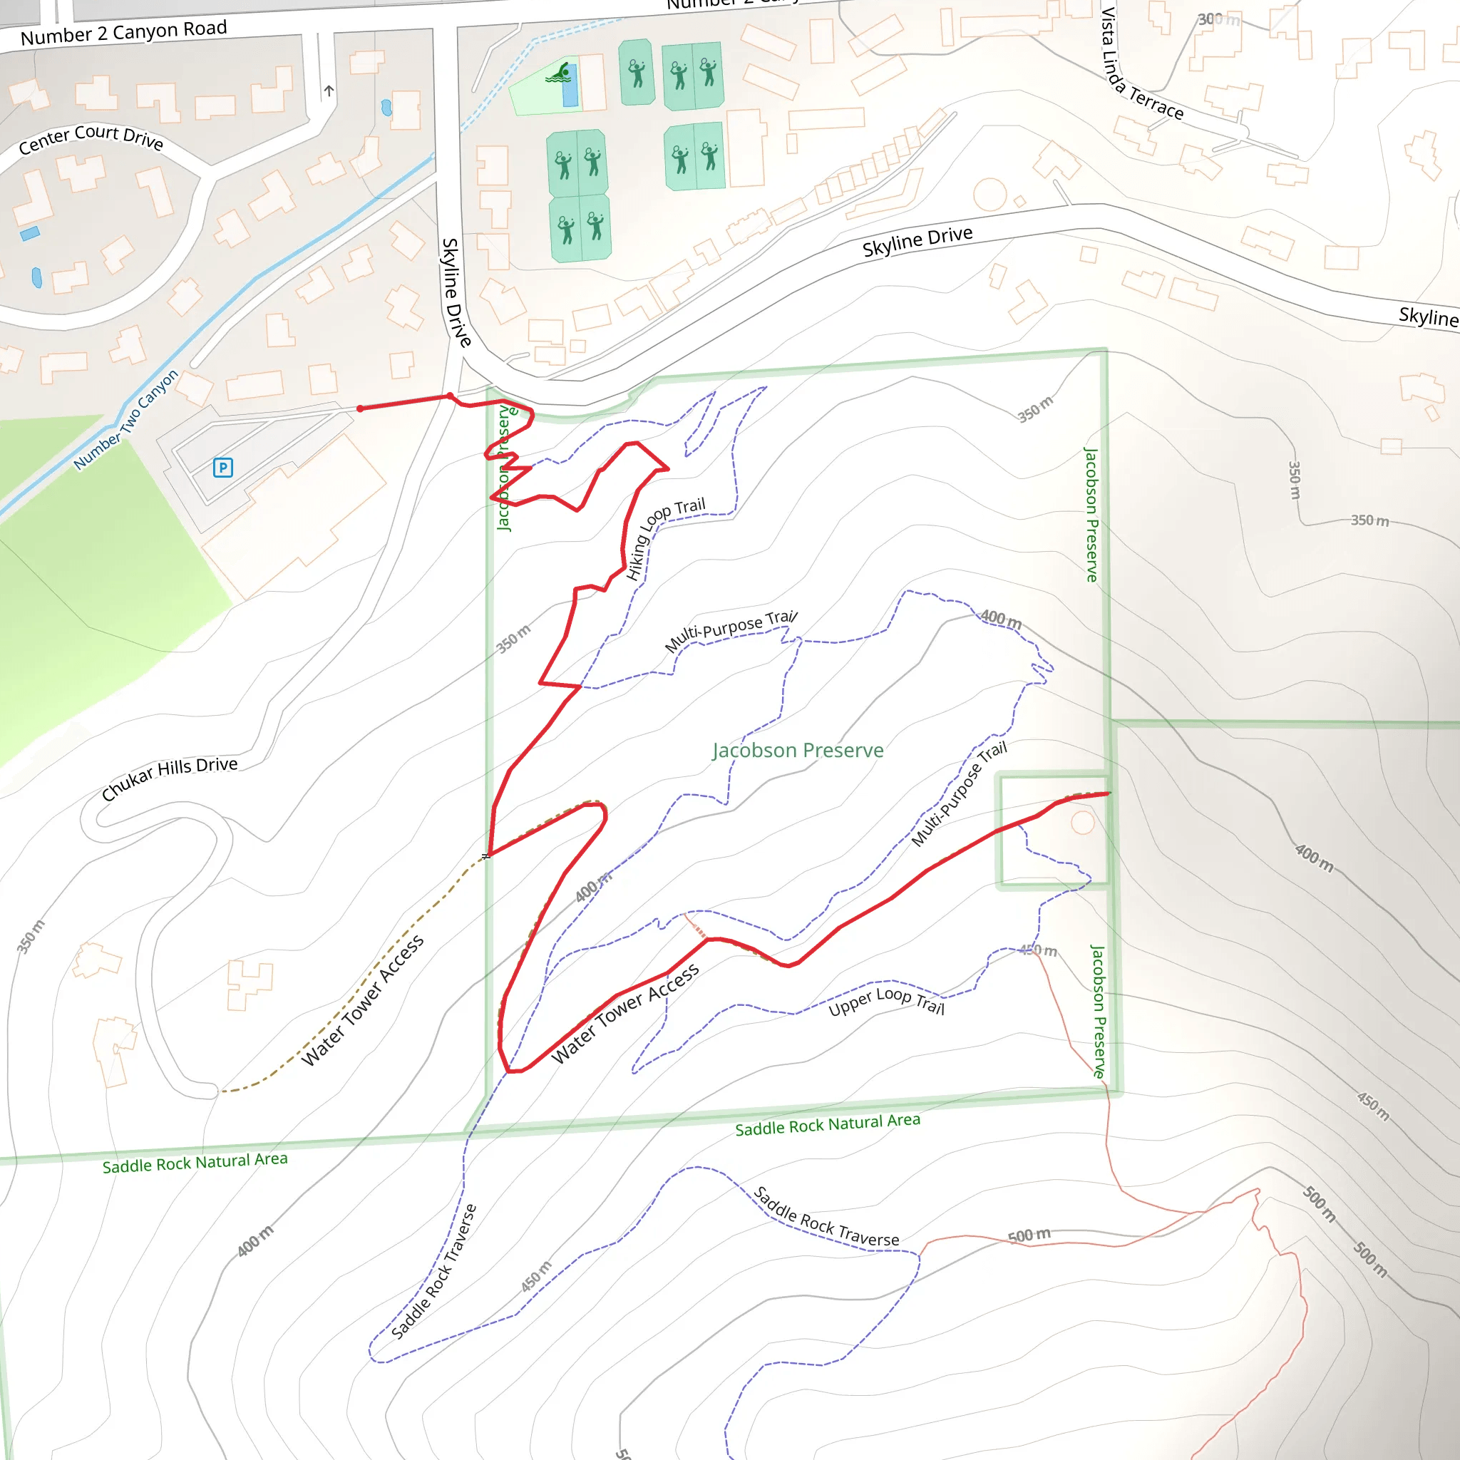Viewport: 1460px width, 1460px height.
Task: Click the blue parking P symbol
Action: [x=222, y=468]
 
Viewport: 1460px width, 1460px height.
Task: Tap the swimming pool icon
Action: [x=560, y=73]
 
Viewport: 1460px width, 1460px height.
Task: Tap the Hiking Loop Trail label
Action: [x=665, y=538]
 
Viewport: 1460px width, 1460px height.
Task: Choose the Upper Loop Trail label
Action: [x=885, y=1000]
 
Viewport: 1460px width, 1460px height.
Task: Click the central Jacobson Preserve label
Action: [x=797, y=751]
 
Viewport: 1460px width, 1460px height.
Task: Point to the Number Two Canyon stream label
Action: [x=126, y=419]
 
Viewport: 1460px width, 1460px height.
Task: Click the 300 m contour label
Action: [x=1218, y=20]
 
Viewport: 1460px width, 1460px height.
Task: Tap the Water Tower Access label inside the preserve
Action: [x=625, y=1014]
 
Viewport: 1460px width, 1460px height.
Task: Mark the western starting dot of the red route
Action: [x=361, y=408]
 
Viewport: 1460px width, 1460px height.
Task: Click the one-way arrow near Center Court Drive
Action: [x=329, y=91]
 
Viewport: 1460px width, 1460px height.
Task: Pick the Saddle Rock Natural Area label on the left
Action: [x=195, y=1161]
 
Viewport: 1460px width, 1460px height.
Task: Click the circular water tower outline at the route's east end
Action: [x=1082, y=822]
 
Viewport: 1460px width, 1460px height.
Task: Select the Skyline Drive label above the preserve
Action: [x=917, y=242]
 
